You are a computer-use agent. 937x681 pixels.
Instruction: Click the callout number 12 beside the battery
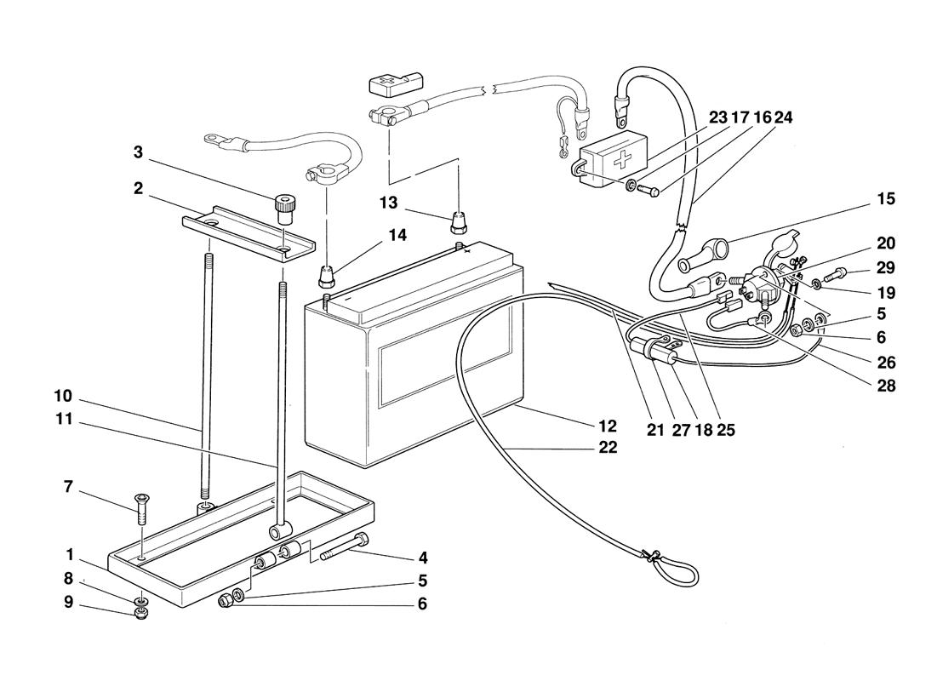(x=607, y=426)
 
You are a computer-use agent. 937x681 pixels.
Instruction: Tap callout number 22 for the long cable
(x=608, y=448)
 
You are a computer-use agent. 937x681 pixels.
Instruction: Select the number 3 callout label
(x=138, y=152)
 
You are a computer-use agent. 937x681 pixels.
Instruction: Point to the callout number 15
(x=886, y=199)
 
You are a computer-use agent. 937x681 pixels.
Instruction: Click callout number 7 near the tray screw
(x=68, y=487)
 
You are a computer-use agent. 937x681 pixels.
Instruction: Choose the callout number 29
(x=886, y=268)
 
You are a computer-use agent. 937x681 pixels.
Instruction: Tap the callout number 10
(x=63, y=397)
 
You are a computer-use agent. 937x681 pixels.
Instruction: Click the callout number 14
(x=397, y=236)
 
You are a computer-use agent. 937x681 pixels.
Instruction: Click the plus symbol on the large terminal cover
(x=623, y=159)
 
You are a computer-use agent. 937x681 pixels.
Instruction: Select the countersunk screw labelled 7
(x=141, y=507)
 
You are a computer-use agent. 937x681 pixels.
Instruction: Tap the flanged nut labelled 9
(x=141, y=614)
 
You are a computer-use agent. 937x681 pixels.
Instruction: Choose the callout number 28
(x=886, y=386)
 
